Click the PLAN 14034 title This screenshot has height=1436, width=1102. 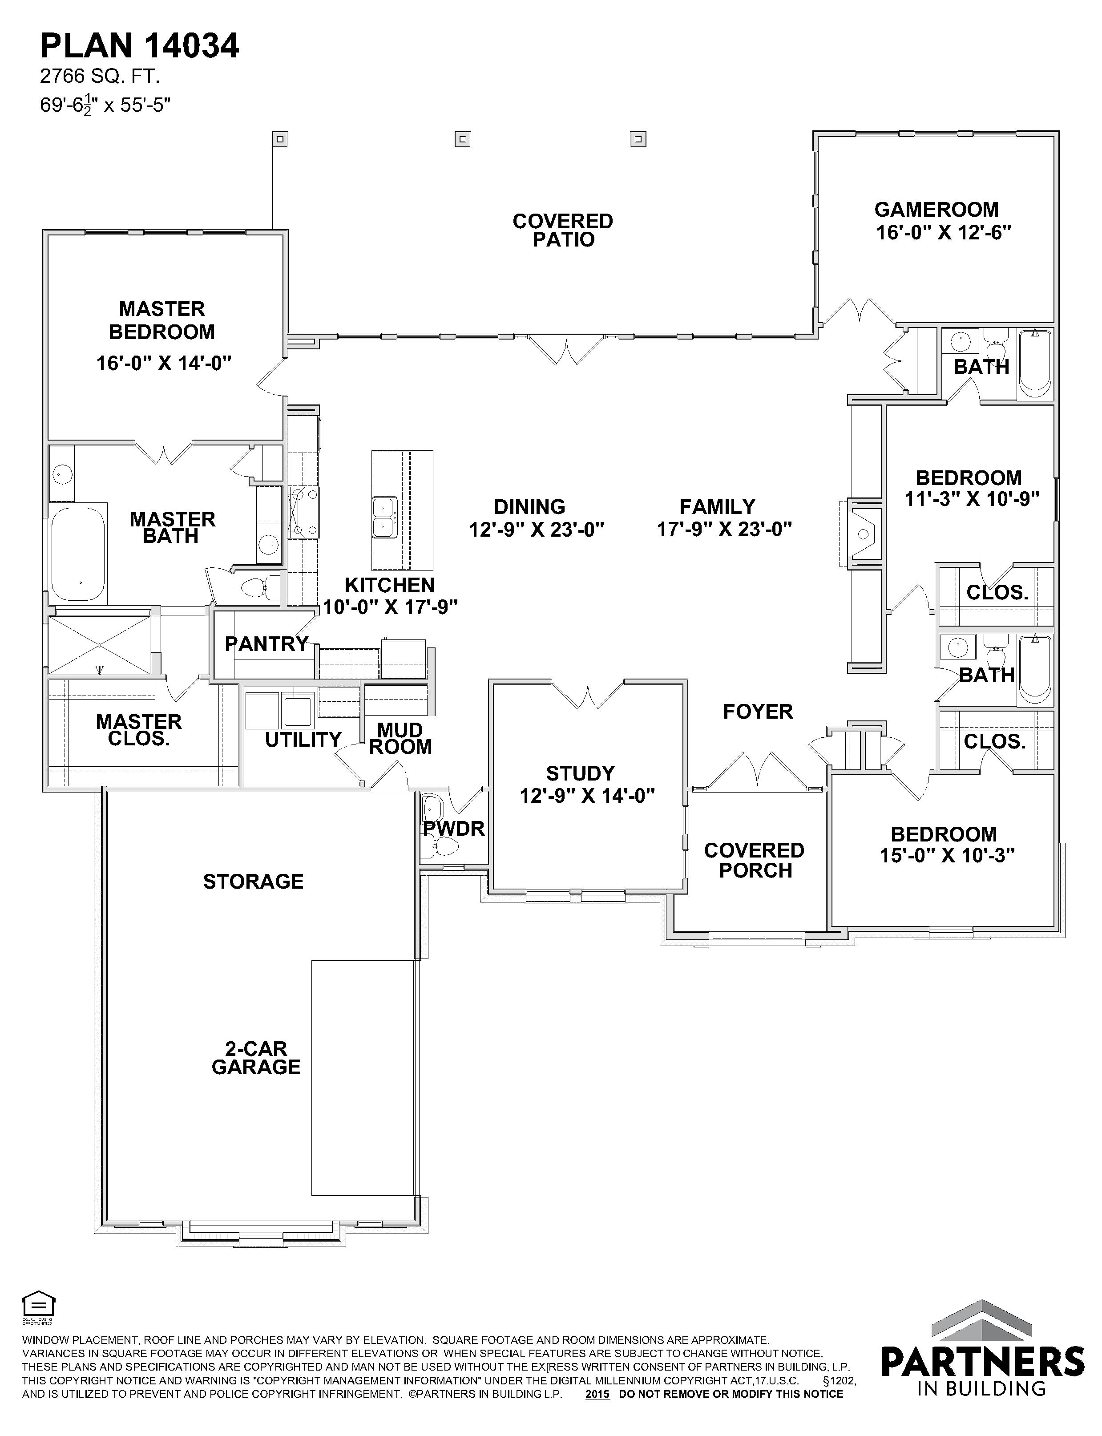click(x=140, y=47)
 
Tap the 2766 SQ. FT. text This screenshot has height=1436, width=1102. click(x=101, y=77)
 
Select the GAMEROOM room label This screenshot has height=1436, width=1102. click(x=936, y=210)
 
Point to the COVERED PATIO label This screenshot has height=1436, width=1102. click(x=563, y=230)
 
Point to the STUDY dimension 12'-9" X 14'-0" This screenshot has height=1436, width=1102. click(x=588, y=796)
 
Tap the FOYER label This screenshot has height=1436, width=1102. click(x=758, y=711)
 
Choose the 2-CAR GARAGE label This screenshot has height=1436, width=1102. click(x=256, y=1058)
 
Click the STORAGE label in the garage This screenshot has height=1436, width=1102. click(x=253, y=882)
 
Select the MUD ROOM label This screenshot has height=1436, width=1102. click(x=400, y=739)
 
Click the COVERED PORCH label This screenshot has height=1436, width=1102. click(x=755, y=860)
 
